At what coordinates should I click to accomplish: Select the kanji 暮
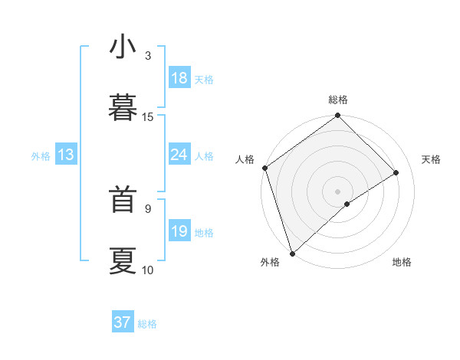(123, 106)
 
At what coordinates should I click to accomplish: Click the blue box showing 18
(179, 78)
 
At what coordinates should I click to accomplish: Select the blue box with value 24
(179, 155)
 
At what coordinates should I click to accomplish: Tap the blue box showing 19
(179, 231)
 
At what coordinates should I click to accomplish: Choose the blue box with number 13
(66, 155)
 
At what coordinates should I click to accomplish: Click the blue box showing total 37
(123, 322)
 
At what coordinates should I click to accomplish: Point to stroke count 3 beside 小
(148, 55)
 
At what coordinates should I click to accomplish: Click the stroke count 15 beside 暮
(148, 116)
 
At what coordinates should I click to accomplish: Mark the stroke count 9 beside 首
(148, 208)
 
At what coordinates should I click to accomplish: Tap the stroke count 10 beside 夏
(148, 270)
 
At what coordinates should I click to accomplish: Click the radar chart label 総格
(338, 100)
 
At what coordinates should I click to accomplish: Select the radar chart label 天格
(432, 159)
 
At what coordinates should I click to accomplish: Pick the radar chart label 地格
(402, 263)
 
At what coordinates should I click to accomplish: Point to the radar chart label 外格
(270, 263)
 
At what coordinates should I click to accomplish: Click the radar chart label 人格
(245, 159)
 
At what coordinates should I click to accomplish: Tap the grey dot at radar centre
(337, 191)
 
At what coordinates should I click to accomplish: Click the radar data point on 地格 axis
(347, 204)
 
